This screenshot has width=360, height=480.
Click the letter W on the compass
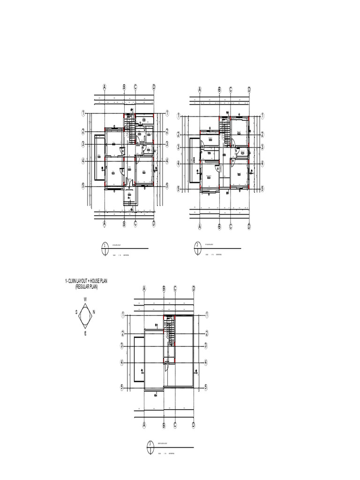click(x=85, y=299)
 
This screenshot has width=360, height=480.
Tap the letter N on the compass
click(x=94, y=312)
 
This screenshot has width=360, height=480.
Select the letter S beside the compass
click(x=76, y=311)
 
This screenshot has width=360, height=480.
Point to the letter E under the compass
click(x=85, y=333)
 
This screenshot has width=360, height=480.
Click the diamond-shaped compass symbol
click(x=85, y=316)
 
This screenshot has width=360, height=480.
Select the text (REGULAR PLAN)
click(x=86, y=286)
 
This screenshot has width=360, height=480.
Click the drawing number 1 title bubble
click(x=105, y=248)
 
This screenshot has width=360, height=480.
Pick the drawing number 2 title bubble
click(x=197, y=248)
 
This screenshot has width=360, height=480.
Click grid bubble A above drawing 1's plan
click(x=105, y=87)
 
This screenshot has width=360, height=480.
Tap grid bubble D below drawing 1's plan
click(x=154, y=224)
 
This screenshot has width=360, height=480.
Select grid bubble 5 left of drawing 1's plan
click(x=83, y=186)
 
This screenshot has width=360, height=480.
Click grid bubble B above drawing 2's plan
click(x=219, y=90)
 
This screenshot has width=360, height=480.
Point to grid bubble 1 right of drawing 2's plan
click(x=263, y=115)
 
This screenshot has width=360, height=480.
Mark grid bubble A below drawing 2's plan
click(x=200, y=227)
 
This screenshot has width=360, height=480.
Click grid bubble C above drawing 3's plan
click(x=175, y=289)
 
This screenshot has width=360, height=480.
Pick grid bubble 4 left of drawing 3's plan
click(x=123, y=362)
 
